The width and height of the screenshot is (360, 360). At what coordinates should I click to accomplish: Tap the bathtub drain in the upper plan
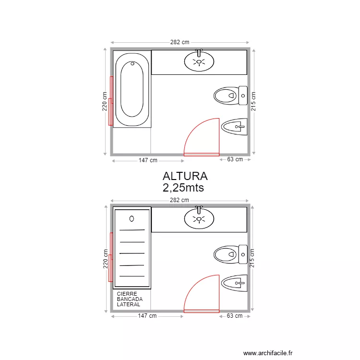point(132,63)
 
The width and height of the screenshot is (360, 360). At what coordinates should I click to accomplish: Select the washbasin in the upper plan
point(199,61)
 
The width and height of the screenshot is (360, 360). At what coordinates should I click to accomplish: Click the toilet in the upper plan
point(230,96)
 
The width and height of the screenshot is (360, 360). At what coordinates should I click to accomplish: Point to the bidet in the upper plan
point(234,127)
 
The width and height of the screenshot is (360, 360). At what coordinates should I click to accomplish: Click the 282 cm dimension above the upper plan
point(180,42)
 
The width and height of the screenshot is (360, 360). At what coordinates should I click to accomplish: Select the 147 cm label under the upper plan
point(148,160)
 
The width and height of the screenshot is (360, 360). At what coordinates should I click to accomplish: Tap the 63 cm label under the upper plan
point(235,159)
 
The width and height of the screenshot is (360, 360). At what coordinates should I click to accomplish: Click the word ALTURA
point(185,176)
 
